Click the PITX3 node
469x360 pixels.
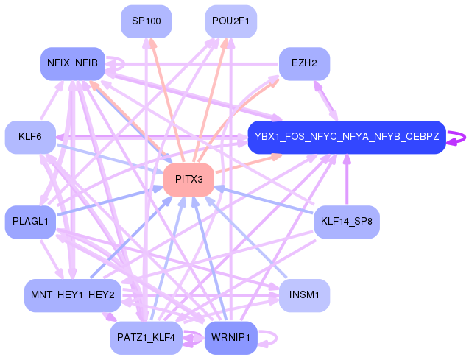click(x=188, y=180)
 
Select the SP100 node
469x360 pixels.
click(x=147, y=21)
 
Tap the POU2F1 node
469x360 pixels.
click(x=230, y=21)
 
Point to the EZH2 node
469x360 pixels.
click(x=305, y=63)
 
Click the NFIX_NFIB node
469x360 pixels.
click(x=73, y=63)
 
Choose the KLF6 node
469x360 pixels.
click(x=30, y=137)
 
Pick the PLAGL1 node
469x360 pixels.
click(x=30, y=222)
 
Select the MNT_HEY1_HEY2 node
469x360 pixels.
click(x=73, y=295)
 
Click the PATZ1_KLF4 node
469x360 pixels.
click(x=146, y=338)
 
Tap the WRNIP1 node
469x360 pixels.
click(x=230, y=338)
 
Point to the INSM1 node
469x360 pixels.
click(x=305, y=295)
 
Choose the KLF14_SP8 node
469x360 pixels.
click(x=347, y=222)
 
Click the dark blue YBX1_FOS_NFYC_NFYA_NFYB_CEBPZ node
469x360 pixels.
click(x=347, y=137)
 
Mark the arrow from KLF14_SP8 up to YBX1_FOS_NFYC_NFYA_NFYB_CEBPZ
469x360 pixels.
click(x=347, y=180)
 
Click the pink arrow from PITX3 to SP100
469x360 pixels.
click(x=167, y=101)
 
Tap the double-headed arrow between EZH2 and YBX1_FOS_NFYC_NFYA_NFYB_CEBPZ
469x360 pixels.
click(x=325, y=101)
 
